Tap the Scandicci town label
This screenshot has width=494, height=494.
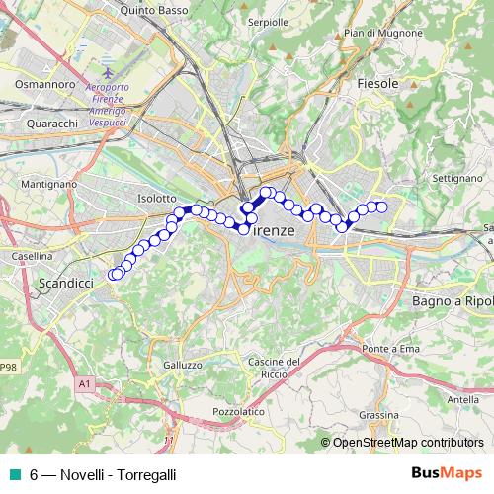click(x=64, y=284)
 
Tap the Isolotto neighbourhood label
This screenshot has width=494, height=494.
click(x=156, y=199)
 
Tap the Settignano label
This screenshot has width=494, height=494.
click(x=455, y=179)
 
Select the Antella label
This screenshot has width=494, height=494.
click(x=463, y=398)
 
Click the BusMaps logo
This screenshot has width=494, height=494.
click(x=449, y=473)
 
